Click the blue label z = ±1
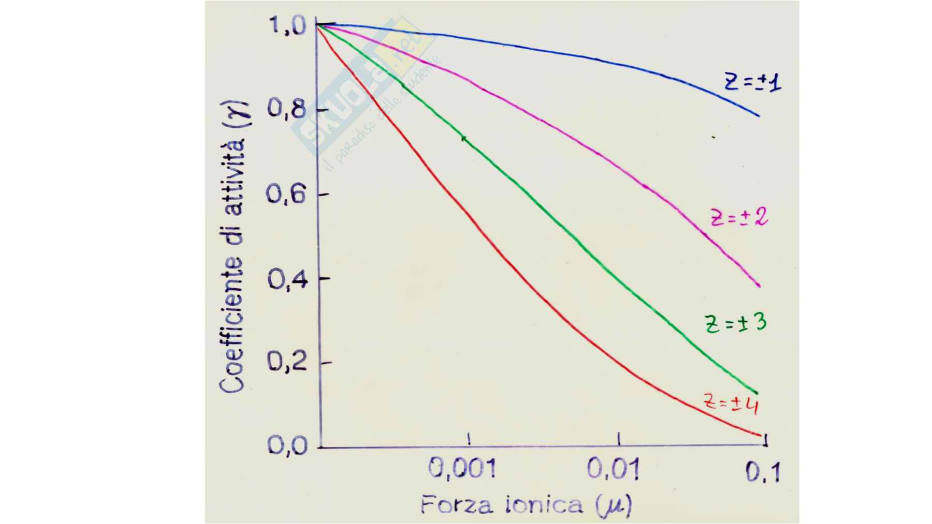[x=752, y=83]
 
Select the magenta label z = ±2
[x=739, y=218]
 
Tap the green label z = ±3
[x=735, y=324]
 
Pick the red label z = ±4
[x=731, y=403]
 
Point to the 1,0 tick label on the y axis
[x=287, y=25]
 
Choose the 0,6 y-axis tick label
[x=286, y=194]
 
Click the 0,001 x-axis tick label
[x=462, y=469]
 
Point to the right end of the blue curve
[x=759, y=115]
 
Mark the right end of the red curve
[x=761, y=435]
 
